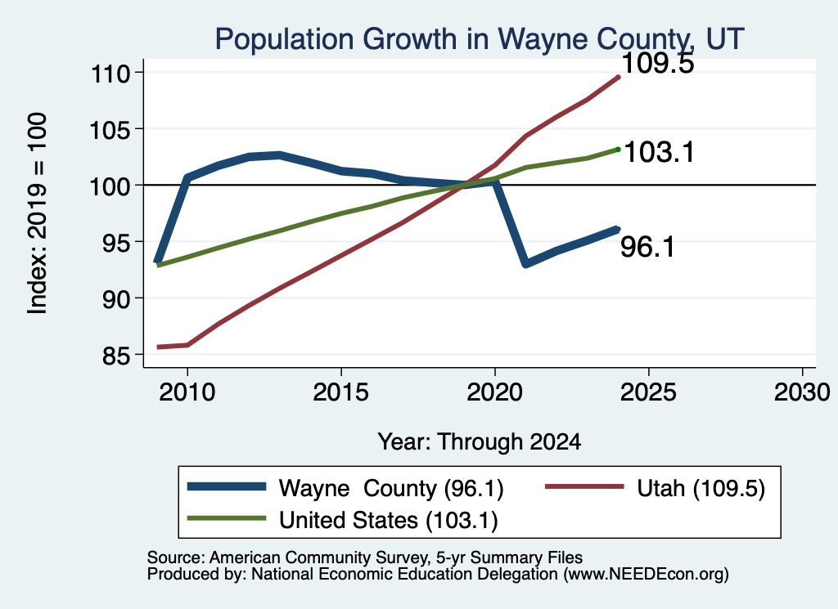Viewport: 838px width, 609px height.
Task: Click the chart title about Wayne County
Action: (480, 38)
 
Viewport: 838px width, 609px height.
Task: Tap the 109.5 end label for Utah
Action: (658, 63)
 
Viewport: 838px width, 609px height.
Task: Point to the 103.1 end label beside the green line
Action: (659, 152)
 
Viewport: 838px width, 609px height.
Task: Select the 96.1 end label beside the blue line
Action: (648, 247)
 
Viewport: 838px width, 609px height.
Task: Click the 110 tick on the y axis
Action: (110, 73)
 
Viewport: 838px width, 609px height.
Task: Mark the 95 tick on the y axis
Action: (116, 242)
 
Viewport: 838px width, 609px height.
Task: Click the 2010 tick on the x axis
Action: (187, 392)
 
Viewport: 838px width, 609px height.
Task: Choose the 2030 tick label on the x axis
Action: (802, 392)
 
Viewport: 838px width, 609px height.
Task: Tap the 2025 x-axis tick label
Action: (648, 392)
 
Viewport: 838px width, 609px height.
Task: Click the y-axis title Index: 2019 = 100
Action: (38, 213)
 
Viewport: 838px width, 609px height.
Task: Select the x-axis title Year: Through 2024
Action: (480, 442)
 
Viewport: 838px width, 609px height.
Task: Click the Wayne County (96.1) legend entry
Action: (345, 488)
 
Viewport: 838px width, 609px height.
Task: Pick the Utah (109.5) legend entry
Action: (656, 488)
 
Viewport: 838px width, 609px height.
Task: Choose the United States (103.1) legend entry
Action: (342, 520)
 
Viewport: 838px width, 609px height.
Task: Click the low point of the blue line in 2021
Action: (526, 264)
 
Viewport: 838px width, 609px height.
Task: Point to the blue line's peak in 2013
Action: (280, 155)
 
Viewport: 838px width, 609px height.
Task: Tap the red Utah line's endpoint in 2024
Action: (619, 78)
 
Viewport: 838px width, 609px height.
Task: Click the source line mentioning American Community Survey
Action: (364, 558)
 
